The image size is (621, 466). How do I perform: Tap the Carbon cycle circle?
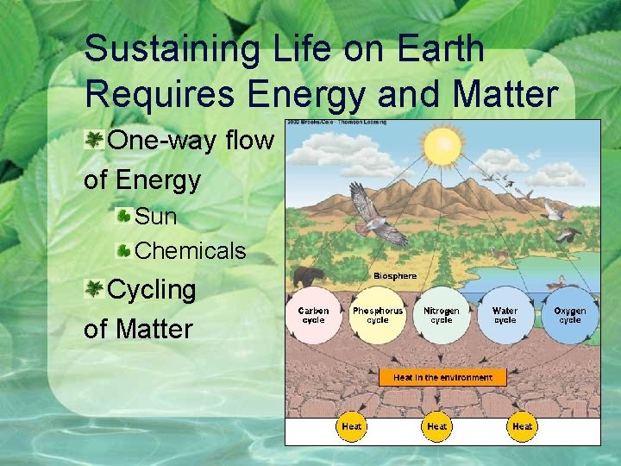pos(313,315)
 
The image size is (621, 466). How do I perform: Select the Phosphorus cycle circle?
pos(378,315)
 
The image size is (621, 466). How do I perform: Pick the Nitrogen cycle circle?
pos(442,315)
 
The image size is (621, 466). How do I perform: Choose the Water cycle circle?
pos(505,315)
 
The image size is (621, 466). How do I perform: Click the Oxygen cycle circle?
pos(569,315)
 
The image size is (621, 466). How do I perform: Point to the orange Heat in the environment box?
pos(442,377)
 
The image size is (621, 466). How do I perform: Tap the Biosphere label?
pos(395,276)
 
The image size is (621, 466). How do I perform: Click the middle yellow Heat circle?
pos(437,426)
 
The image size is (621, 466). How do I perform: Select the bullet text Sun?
pos(156,217)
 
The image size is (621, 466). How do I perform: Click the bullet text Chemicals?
pos(191,251)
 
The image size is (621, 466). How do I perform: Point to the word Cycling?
pos(152,290)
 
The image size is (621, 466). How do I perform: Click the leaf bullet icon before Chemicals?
pos(124,251)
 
